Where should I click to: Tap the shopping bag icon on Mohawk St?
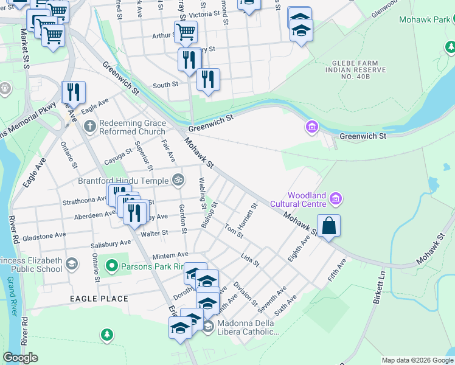pyautogui.click(x=328, y=226)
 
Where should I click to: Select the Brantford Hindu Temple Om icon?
pyautogui.click(x=178, y=179)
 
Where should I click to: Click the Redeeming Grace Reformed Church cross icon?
pyautogui.click(x=89, y=127)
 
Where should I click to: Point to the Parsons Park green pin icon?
pyautogui.click(x=111, y=266)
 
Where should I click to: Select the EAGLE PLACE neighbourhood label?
pyautogui.click(x=99, y=299)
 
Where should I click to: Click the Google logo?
pyautogui.click(x=21, y=358)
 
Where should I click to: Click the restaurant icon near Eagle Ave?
pyautogui.click(x=74, y=92)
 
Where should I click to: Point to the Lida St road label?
pyautogui.click(x=250, y=260)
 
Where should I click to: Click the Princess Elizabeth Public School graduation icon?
pyautogui.click(x=72, y=263)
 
